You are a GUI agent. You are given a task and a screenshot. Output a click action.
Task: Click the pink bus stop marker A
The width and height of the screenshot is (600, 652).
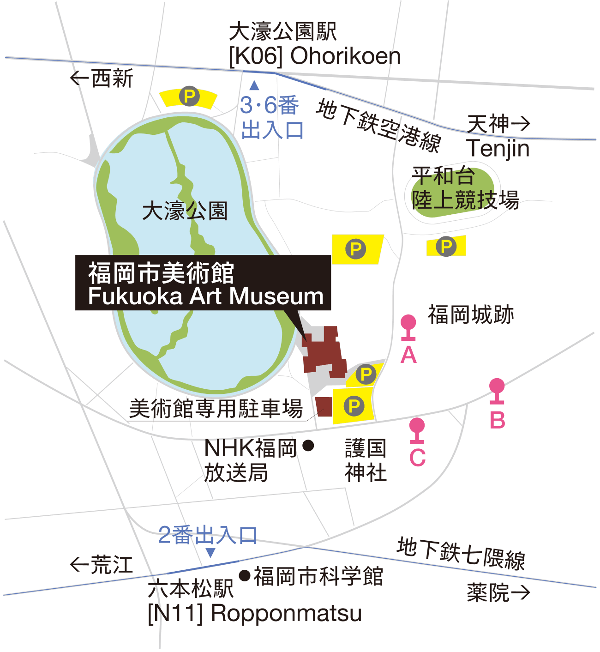pyautogui.click(x=408, y=323)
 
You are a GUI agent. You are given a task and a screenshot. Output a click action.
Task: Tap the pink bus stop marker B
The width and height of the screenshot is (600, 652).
pyautogui.click(x=497, y=387)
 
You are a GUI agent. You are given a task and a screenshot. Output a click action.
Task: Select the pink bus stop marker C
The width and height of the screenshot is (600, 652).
pyautogui.click(x=417, y=427)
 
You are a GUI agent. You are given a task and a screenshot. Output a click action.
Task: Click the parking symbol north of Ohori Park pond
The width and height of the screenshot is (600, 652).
pyautogui.click(x=189, y=97)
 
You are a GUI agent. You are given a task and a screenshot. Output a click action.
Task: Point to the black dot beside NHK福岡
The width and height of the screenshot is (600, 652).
pyautogui.click(x=308, y=446)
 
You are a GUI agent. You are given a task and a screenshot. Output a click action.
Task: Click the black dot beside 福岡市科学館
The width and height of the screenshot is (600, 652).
pyautogui.click(x=245, y=575)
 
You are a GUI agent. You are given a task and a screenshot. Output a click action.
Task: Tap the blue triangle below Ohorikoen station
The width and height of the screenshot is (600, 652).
pyautogui.click(x=254, y=85)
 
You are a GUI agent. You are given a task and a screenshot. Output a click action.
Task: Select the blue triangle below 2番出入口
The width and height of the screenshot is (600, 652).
pyautogui.click(x=210, y=553)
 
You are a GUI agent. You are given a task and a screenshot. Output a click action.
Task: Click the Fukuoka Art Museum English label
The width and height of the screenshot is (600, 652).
pyautogui.click(x=206, y=296)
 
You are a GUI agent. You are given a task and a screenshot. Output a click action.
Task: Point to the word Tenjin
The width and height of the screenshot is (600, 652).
pyautogui.click(x=498, y=149)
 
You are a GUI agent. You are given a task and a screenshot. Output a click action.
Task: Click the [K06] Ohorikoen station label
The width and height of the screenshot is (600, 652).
pyautogui.click(x=314, y=56)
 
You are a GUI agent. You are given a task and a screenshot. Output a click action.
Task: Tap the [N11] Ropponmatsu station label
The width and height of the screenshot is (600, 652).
pyautogui.click(x=254, y=613)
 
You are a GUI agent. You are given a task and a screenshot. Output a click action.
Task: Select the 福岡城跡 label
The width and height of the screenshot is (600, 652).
pyautogui.click(x=470, y=315)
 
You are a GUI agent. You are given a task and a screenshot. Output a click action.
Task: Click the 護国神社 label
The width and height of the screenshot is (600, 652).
pyautogui.click(x=365, y=460)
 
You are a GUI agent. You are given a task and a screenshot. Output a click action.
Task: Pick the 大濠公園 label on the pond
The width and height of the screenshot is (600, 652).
pyautogui.click(x=185, y=211)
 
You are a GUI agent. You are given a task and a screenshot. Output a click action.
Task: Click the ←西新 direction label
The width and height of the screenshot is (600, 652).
pyautogui.click(x=102, y=78)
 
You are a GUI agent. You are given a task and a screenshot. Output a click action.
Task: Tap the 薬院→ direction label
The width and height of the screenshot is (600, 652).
pyautogui.click(x=498, y=592)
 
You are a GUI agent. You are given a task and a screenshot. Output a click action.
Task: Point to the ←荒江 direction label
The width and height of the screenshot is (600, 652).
pyautogui.click(x=102, y=565)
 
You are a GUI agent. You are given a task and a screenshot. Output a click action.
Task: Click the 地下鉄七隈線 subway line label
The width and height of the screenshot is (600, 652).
pyautogui.click(x=461, y=553)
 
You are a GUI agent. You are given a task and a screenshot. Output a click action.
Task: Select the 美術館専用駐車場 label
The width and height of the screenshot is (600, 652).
pyautogui.click(x=216, y=408)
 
